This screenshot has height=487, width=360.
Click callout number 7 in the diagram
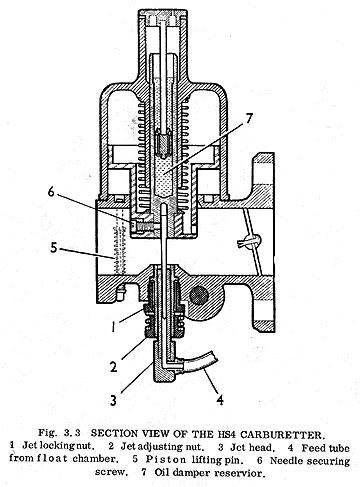(248, 120)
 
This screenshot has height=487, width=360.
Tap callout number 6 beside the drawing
(51, 192)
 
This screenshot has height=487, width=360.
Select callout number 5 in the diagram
(54, 248)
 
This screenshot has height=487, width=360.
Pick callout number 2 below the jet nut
(114, 367)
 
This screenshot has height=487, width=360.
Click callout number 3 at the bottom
(114, 400)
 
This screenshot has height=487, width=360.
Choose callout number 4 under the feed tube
(220, 400)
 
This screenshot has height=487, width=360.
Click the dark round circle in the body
(199, 295)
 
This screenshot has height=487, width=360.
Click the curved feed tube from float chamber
(197, 363)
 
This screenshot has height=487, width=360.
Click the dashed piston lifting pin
(119, 247)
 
